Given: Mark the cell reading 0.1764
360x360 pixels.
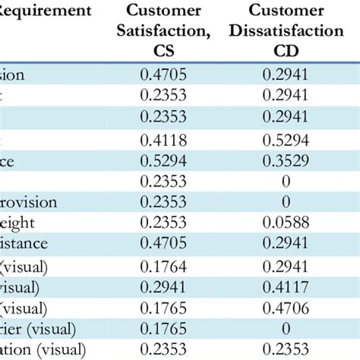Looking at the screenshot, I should pyautogui.click(x=163, y=267).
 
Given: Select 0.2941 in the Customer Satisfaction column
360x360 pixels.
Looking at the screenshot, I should pyautogui.click(x=163, y=289).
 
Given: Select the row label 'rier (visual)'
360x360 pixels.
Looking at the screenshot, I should pyautogui.click(x=38, y=330).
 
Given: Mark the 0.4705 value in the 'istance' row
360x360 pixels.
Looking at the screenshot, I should pyautogui.click(x=163, y=245).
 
